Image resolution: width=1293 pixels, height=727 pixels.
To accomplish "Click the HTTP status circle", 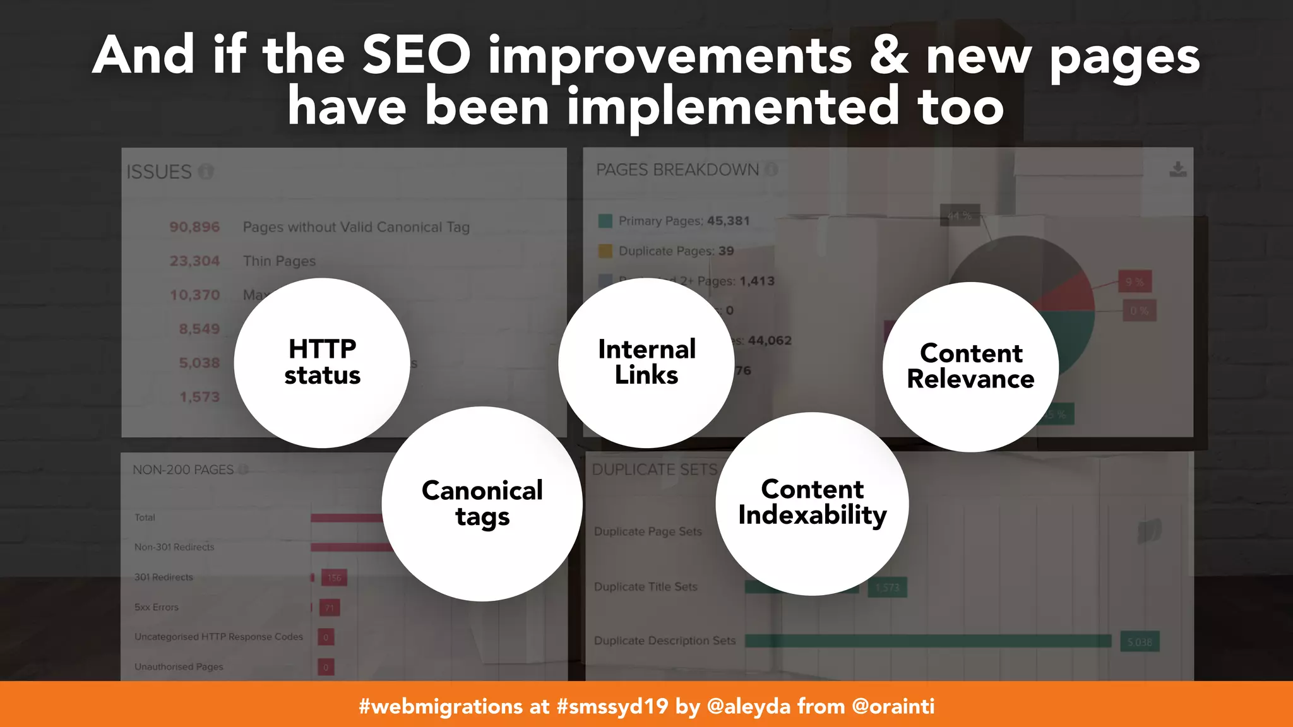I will click(322, 362).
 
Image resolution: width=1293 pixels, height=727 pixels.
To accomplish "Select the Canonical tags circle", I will click(482, 503).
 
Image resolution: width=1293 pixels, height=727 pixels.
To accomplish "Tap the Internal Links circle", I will click(646, 362).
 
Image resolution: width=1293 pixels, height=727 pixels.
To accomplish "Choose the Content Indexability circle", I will click(812, 503).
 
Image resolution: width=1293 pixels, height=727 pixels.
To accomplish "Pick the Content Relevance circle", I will click(970, 367).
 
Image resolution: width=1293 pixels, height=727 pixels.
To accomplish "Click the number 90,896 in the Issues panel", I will click(194, 227).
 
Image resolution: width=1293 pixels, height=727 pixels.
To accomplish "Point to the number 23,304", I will click(194, 261).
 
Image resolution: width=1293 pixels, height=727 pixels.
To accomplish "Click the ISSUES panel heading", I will click(159, 172).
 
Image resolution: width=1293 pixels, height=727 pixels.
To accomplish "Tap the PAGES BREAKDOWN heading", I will click(677, 170).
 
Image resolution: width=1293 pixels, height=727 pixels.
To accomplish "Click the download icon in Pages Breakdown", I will click(1177, 169).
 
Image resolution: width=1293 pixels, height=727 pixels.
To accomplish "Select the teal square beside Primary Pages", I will click(605, 221).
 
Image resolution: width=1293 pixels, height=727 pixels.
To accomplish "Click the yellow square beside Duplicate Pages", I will click(605, 251).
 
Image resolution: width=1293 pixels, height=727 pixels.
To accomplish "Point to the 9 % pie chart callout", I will click(1135, 281).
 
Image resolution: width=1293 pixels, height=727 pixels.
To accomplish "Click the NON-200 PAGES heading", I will click(183, 470).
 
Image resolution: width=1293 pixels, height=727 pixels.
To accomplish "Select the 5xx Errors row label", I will click(157, 607).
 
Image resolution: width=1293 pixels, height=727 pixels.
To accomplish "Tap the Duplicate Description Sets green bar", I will click(928, 641).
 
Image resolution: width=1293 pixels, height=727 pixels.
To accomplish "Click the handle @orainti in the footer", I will click(893, 706).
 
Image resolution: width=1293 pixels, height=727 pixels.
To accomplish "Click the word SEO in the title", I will click(416, 56).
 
